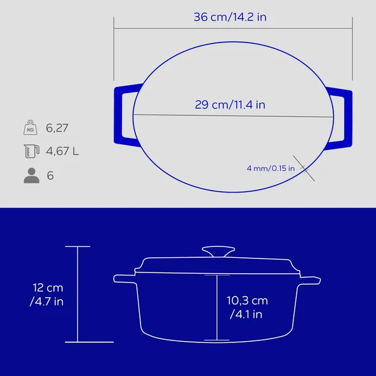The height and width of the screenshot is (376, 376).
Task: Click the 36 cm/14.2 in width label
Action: click(x=230, y=17)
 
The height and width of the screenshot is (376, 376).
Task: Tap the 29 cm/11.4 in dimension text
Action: click(x=230, y=105)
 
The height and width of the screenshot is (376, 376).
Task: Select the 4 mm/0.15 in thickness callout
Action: click(x=271, y=168)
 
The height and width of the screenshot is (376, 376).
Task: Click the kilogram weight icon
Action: click(x=30, y=127)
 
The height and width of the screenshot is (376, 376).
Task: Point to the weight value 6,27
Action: click(x=57, y=128)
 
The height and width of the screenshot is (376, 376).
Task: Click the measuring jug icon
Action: click(x=31, y=151)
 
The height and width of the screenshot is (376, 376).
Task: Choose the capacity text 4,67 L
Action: click(x=62, y=151)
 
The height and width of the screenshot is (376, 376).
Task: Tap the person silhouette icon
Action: click(x=31, y=175)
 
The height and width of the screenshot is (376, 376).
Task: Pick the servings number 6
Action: click(x=50, y=175)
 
